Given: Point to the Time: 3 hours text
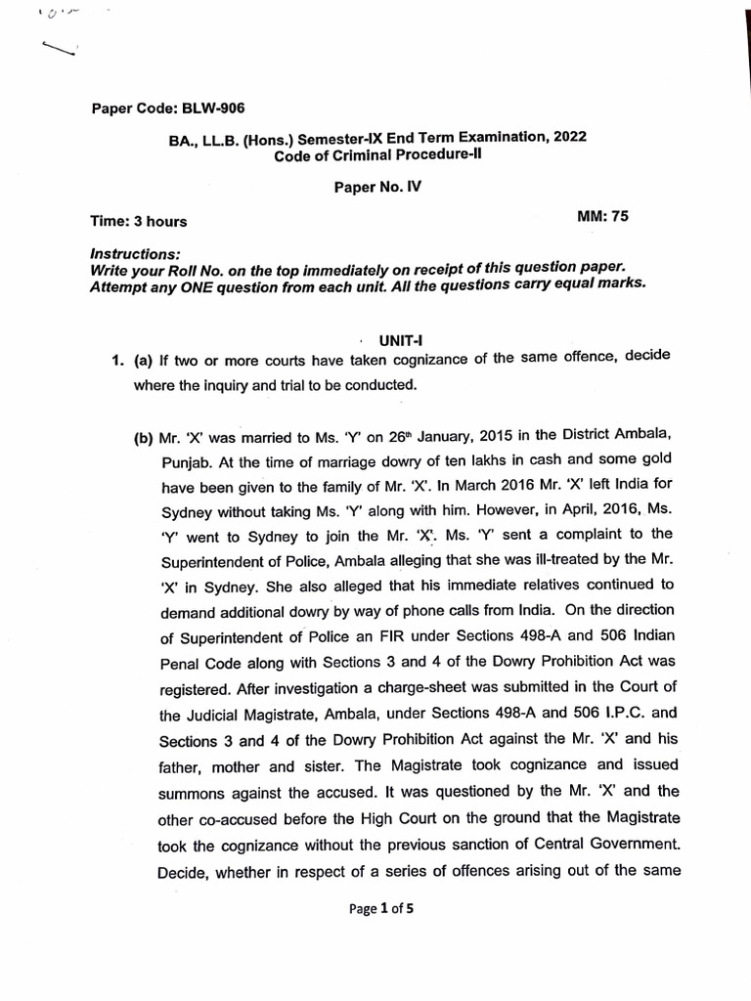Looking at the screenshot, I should coord(138,222).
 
